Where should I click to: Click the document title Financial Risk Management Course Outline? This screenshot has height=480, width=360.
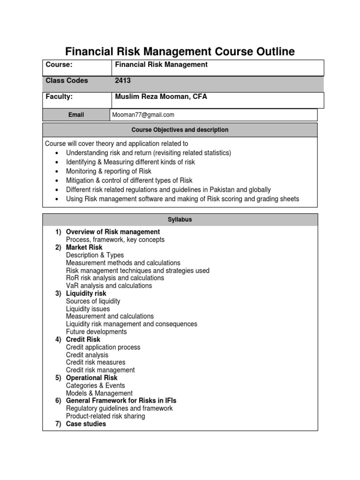click(x=180, y=51)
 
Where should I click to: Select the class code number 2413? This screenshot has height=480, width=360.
click(x=122, y=81)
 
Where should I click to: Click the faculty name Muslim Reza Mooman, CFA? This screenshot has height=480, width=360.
click(x=161, y=97)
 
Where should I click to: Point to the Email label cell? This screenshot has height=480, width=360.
click(x=76, y=115)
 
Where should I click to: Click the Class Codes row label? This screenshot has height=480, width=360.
click(x=67, y=81)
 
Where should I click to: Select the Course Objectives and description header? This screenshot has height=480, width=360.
click(x=180, y=130)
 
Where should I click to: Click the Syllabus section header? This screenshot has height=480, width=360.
click(x=180, y=220)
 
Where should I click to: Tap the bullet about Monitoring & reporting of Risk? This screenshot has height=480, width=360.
click(x=108, y=171)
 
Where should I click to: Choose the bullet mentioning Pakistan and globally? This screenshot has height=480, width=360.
click(x=168, y=190)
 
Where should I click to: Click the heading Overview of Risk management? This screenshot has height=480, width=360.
click(x=112, y=232)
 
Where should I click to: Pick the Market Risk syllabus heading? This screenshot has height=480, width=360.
click(x=84, y=247)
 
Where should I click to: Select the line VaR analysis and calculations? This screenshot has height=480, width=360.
click(x=109, y=285)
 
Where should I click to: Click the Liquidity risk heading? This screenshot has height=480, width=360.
click(x=86, y=293)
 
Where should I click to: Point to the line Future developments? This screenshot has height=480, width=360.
click(x=96, y=332)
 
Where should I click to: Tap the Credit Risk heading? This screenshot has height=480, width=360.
click(x=83, y=339)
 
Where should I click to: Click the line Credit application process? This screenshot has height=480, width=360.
click(x=103, y=347)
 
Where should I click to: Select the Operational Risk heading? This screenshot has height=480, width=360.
click(x=91, y=378)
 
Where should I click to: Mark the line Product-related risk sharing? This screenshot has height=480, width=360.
click(x=105, y=416)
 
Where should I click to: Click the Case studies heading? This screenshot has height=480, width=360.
click(x=86, y=424)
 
